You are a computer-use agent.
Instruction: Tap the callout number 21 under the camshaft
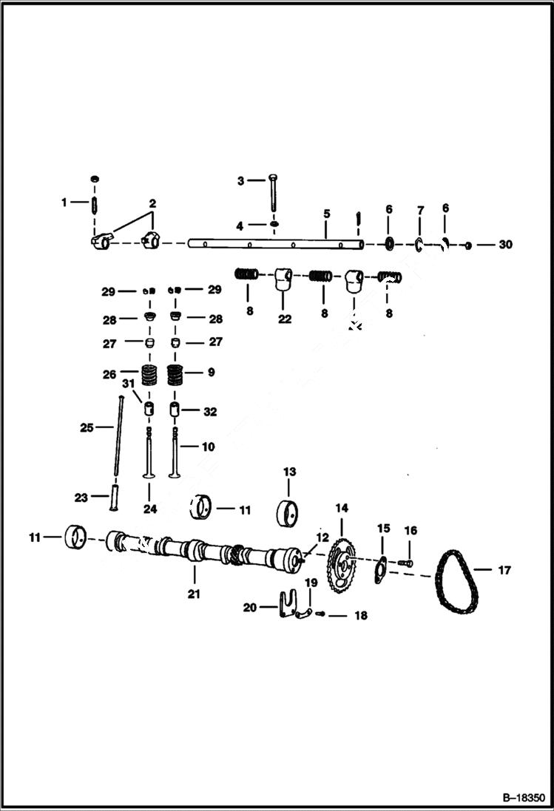194,594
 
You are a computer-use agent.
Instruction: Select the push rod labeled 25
118,444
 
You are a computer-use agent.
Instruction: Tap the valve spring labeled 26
150,376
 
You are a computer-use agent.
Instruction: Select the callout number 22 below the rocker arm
285,319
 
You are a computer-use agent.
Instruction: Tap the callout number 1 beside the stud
64,202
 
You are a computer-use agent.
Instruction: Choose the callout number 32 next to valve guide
210,412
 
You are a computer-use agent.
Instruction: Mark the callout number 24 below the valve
150,508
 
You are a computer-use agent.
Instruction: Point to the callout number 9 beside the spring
211,373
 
